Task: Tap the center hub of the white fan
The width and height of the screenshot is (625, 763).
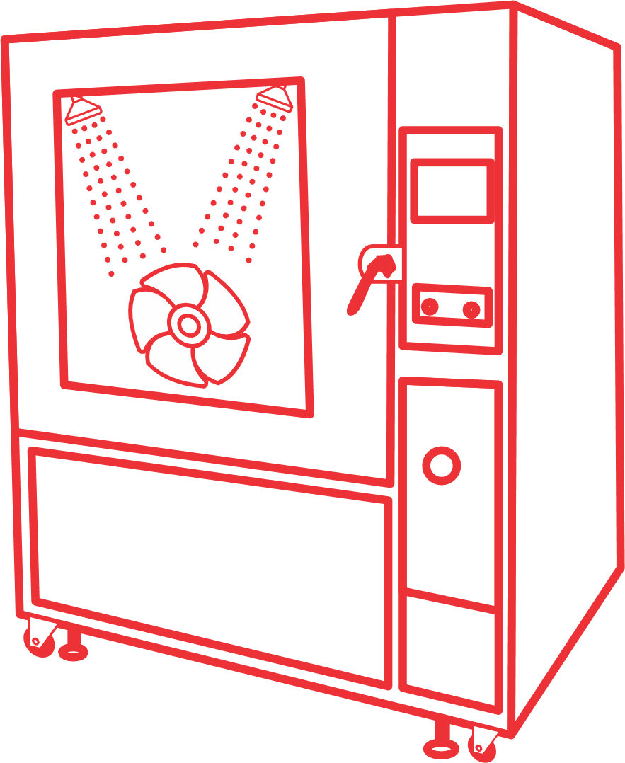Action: point(188,325)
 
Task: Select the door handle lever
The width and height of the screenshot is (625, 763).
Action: point(360,292)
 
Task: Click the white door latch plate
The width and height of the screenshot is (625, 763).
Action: point(382,263)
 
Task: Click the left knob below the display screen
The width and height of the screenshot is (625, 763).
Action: point(429,307)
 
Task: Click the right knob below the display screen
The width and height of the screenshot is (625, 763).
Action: point(471,309)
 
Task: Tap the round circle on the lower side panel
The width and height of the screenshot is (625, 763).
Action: point(441,465)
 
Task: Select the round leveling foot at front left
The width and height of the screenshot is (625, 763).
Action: point(73,650)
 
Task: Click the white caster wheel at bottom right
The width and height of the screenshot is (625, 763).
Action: point(484,740)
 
